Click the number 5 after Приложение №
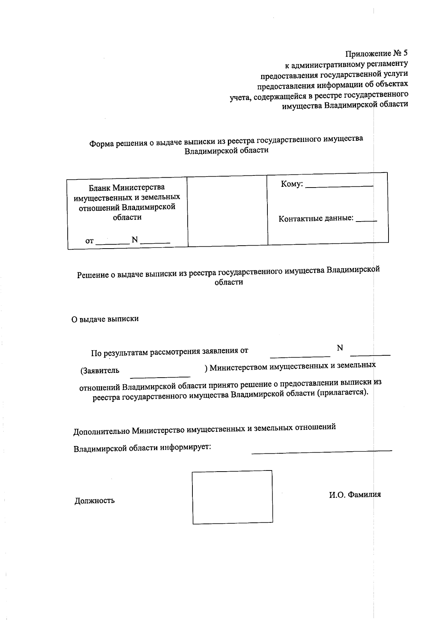click(x=405, y=53)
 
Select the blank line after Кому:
click(x=339, y=186)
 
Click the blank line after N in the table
click(x=155, y=243)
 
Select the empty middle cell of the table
click(x=227, y=211)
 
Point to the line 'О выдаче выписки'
click(x=105, y=319)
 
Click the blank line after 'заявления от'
click(x=300, y=356)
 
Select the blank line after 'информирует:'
click(x=322, y=452)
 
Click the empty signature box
click(x=232, y=497)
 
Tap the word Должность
click(x=95, y=500)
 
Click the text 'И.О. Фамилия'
click(x=354, y=495)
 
